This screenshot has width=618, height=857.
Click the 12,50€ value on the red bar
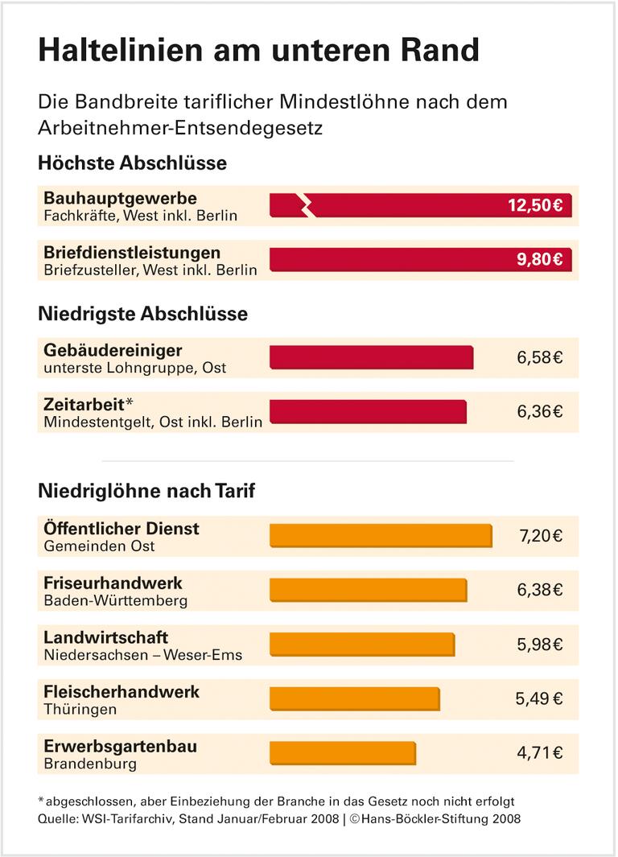point(534,204)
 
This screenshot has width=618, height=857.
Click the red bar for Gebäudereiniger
point(371,357)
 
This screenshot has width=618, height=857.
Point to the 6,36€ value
point(539,411)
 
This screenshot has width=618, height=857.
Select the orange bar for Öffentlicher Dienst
point(380,536)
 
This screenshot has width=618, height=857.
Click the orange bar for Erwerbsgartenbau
point(343,753)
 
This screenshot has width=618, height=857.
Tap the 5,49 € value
point(539,698)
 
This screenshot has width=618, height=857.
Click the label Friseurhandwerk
point(113,583)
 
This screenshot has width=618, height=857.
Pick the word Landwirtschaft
point(106,637)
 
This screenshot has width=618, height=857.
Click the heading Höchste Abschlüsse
point(132,163)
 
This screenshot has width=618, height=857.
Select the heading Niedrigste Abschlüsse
point(142,314)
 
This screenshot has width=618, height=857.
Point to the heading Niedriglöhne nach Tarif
point(146,489)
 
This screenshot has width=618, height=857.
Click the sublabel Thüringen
point(80,709)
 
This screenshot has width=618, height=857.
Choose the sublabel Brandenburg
point(90,764)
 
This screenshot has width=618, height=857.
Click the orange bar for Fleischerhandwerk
point(354,698)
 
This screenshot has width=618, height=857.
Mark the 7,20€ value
point(539,536)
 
